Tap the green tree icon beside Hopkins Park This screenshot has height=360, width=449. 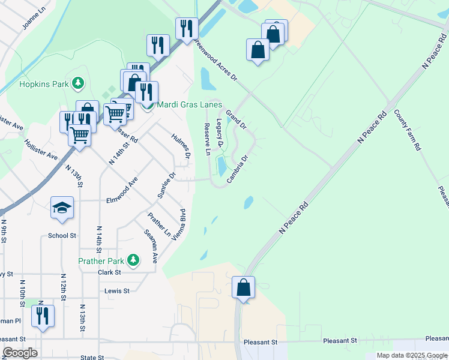tap(77, 82)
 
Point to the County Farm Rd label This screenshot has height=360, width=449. tap(408, 130)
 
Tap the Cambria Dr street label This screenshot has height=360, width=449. tap(238, 170)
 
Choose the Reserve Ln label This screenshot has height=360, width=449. tap(207, 140)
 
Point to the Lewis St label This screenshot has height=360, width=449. tap(117, 291)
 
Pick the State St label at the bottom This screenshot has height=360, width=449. tap(92, 357)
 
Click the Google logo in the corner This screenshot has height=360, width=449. tap(20, 353)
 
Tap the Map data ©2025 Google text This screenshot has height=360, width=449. tap(411, 355)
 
